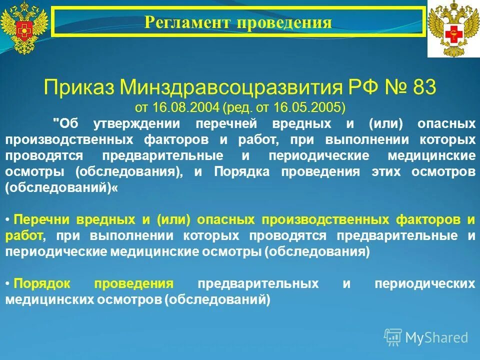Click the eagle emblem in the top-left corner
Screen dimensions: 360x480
point(23,27)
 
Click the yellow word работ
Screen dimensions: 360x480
point(23,235)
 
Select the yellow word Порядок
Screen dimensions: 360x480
point(44,283)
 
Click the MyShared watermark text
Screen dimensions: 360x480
point(436,337)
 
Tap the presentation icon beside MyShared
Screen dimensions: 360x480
point(393,337)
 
